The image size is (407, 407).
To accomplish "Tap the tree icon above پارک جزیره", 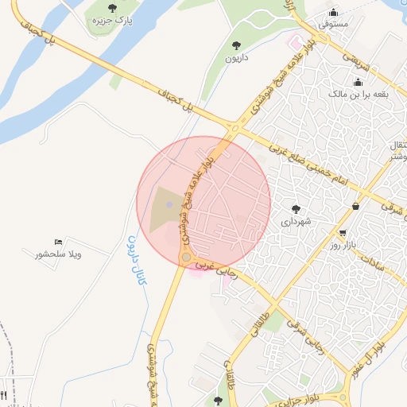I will click(x=111, y=8).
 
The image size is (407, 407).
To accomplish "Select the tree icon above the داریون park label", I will click(x=236, y=46).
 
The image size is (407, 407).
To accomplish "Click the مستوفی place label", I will click(x=334, y=25).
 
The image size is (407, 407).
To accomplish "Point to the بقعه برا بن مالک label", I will click(x=358, y=94).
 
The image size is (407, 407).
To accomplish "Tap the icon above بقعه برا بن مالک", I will click(x=358, y=82).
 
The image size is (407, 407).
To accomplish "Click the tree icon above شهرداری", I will click(x=297, y=210).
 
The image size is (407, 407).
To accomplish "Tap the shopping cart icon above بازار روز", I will click(x=343, y=233).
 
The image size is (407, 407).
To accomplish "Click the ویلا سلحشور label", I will click(x=59, y=254).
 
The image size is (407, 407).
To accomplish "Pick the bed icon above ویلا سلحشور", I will click(x=58, y=242).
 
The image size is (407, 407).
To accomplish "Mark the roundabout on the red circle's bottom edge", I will click(x=186, y=258).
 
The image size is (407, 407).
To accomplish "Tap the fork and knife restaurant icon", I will click(x=3, y=395).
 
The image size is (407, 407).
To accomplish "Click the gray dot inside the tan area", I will click(x=169, y=206).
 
